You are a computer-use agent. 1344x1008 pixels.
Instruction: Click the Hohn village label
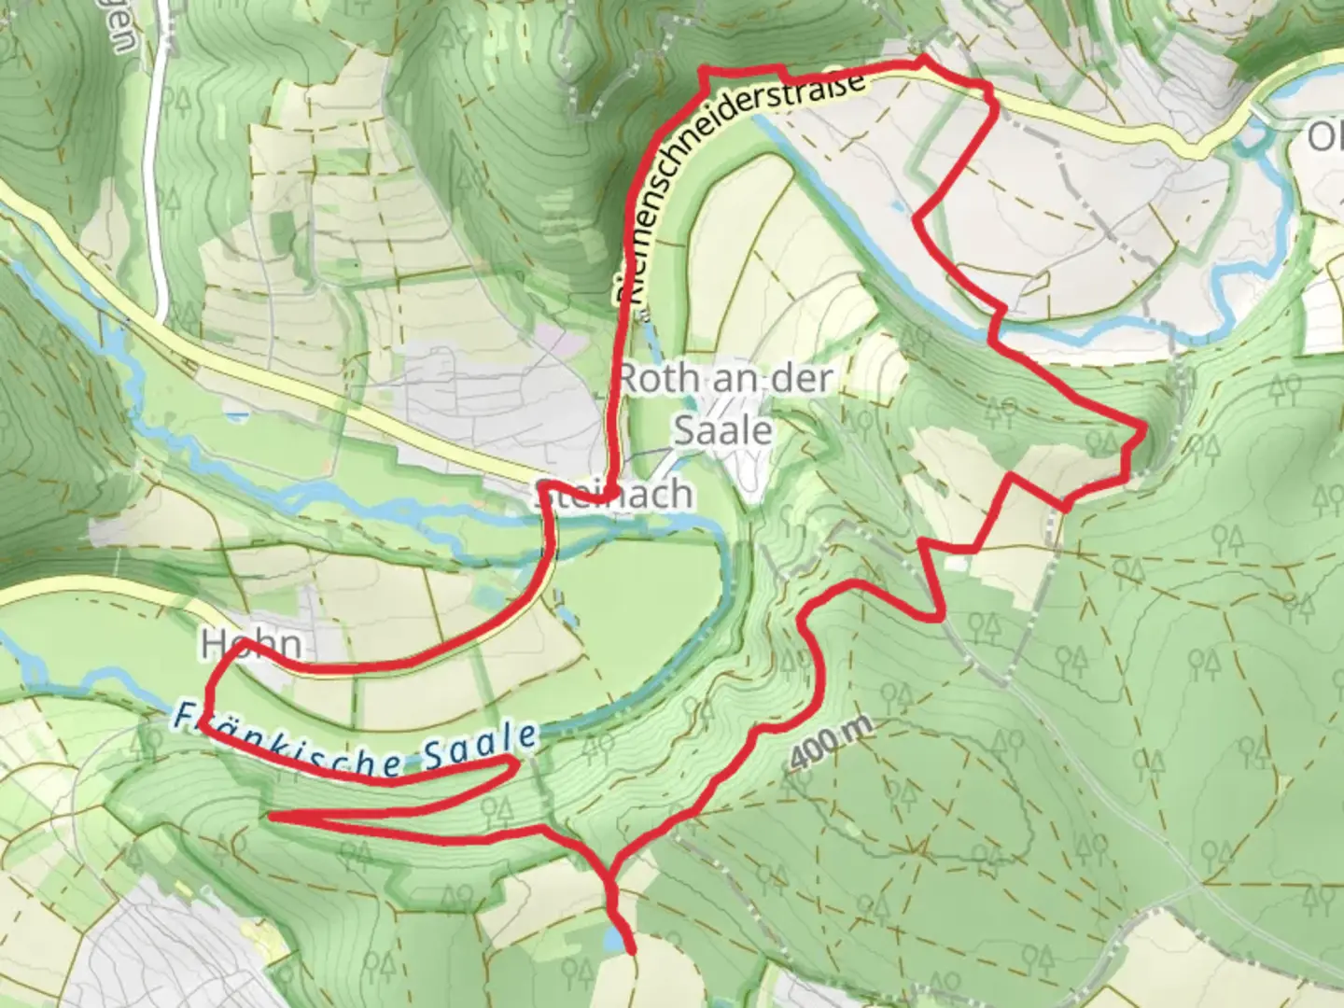pos(251,645)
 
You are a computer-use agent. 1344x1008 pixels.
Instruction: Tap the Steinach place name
pos(616,494)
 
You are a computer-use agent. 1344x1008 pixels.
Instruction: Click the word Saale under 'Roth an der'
pos(723,430)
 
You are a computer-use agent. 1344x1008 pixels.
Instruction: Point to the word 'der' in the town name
pos(804,380)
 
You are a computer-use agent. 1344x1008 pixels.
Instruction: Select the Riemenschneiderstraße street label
pos(737,187)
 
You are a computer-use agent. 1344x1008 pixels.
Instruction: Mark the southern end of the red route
pos(634,952)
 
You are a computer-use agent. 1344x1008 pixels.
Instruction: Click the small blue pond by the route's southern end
pos(612,939)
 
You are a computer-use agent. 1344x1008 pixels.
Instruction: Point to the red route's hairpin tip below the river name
pos(516,764)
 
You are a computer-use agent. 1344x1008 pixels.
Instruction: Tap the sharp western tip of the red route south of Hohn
pos(272,816)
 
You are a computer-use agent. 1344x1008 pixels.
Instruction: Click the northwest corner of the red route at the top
pos(705,71)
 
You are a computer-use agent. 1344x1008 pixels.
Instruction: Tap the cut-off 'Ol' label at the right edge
pos(1325,137)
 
